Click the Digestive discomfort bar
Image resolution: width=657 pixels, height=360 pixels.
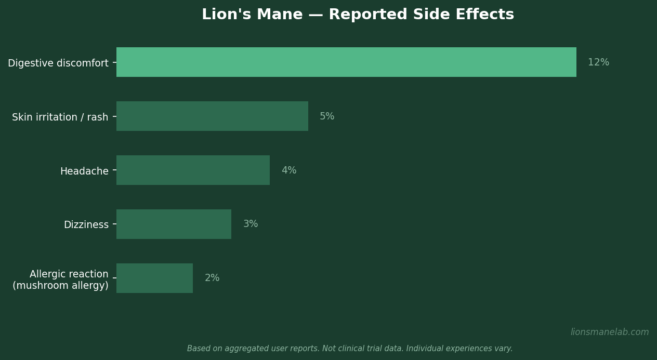(346, 62)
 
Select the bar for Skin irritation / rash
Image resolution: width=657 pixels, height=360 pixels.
(212, 116)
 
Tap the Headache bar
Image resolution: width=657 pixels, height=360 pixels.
(193, 170)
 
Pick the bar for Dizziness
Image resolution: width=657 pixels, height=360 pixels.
(174, 224)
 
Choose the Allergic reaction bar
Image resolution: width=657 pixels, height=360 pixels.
(154, 278)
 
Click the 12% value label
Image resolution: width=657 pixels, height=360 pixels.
(598, 63)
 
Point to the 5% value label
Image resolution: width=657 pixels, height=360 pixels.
(327, 117)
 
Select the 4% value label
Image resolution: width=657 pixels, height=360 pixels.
(289, 171)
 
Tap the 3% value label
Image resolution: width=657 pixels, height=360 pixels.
(251, 224)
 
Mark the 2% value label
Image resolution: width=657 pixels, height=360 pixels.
(212, 278)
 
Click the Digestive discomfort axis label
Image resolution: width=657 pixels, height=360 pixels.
(58, 63)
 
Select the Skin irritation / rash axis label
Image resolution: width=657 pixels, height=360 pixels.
(60, 117)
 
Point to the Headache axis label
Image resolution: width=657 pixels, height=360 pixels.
(84, 171)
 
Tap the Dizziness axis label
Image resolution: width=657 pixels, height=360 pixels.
(86, 225)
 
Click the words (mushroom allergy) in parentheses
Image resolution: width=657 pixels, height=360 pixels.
(60, 286)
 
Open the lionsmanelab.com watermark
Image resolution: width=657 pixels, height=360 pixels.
(610, 332)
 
